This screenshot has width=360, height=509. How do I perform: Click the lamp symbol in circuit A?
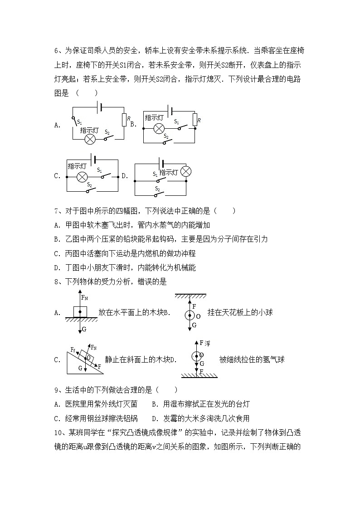point(90,139)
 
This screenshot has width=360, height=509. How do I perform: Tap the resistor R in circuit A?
point(124,119)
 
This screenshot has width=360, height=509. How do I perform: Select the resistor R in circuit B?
point(195,120)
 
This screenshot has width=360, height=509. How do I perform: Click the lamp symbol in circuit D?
point(185,171)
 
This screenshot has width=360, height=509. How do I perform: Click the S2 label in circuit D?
point(157,188)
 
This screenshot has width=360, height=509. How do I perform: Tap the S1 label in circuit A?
point(79,121)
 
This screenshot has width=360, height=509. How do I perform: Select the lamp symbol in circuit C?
point(82,177)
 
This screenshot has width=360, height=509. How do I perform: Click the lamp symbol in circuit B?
point(158,128)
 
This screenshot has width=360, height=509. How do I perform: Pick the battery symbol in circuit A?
point(100,107)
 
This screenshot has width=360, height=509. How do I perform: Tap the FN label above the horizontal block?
point(84,298)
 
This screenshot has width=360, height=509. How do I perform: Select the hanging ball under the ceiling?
point(190,316)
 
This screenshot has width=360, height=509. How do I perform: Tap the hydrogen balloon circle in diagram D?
point(195,356)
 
